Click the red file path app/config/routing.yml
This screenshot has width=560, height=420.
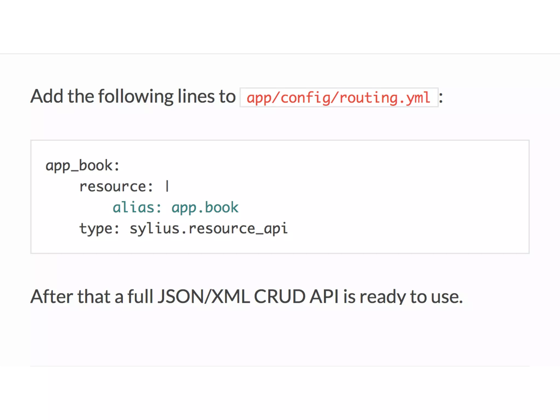coord(339,98)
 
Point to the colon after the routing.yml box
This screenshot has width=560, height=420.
coord(441,98)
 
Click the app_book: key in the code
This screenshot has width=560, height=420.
coord(82,166)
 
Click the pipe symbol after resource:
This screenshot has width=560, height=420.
coord(167,186)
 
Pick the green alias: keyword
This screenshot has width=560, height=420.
coord(137,208)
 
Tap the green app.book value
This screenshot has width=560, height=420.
coord(205,208)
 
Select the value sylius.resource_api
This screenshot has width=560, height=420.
coord(209,229)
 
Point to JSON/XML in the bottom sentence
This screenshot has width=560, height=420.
coord(204,296)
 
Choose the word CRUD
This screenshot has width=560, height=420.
coord(279,296)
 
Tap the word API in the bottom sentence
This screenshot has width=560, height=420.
coord(324,296)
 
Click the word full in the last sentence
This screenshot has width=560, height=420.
coord(140,296)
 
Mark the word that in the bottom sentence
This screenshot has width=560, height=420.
coord(94,296)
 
